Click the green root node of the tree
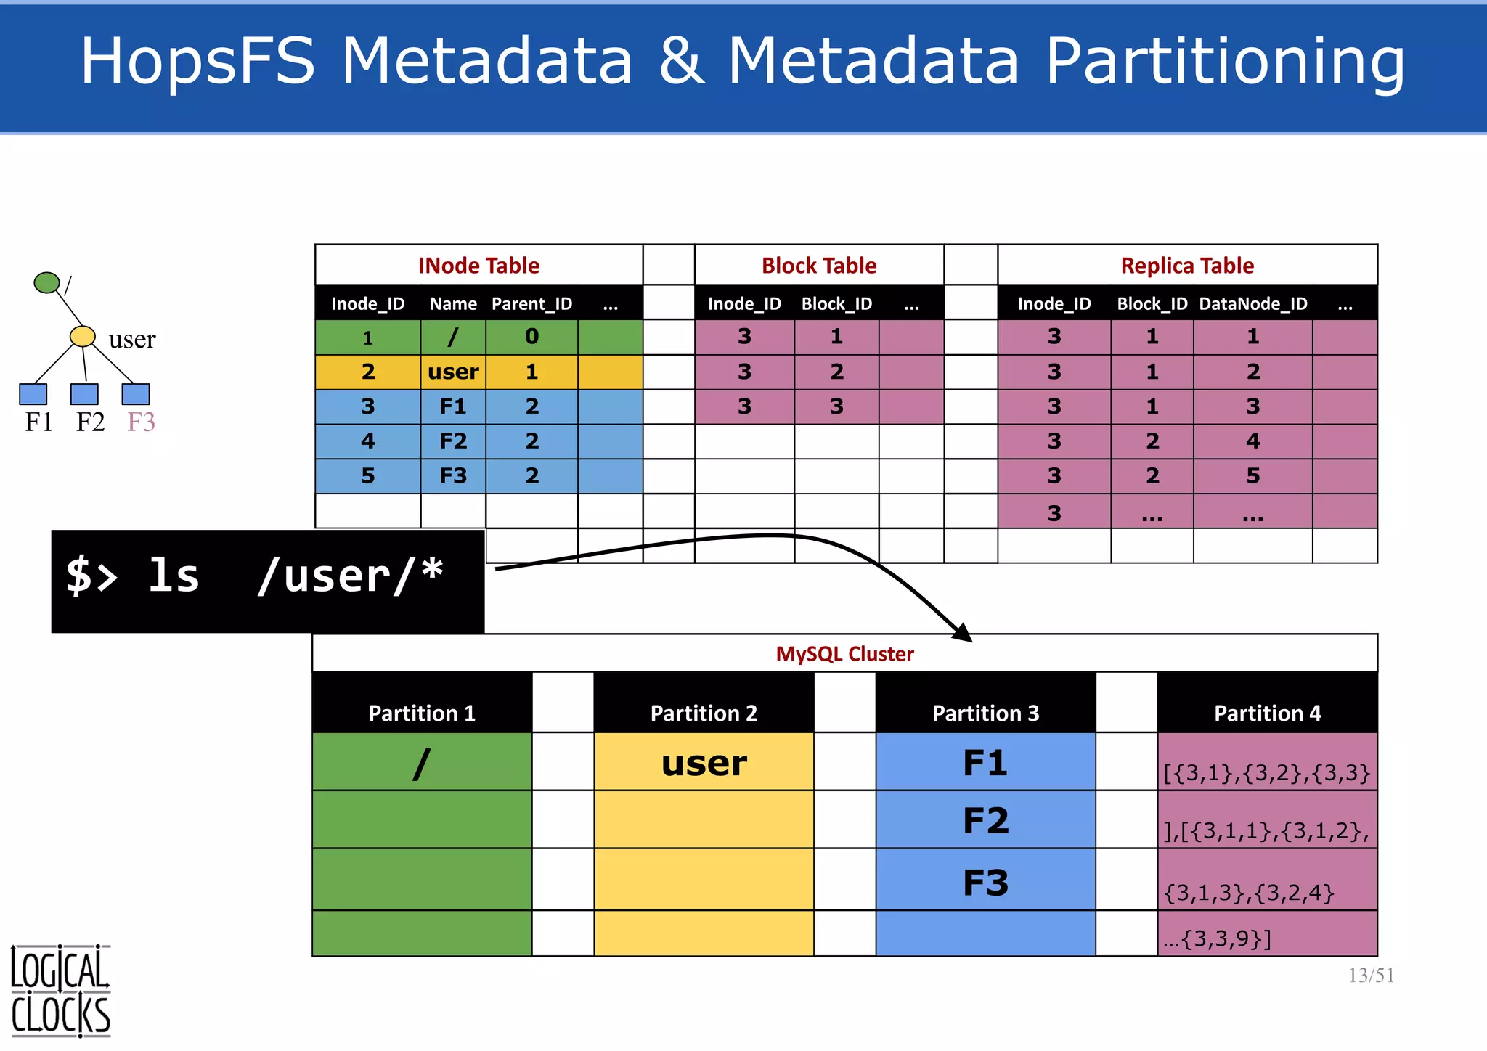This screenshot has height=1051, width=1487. (46, 282)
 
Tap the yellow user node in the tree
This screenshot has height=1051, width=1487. (83, 336)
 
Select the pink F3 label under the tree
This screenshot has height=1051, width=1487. (141, 422)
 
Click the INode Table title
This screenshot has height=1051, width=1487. (478, 266)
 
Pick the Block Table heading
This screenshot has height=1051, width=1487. (819, 266)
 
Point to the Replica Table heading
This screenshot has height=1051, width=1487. (1187, 266)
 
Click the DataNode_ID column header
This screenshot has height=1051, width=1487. (1252, 303)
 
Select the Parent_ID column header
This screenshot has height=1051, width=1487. (531, 303)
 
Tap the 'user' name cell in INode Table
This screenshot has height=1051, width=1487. (453, 372)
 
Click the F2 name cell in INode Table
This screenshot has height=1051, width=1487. (453, 441)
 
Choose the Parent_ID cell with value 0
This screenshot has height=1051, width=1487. (531, 337)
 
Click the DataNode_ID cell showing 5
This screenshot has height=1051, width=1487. (1252, 475)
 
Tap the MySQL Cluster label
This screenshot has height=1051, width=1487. (844, 654)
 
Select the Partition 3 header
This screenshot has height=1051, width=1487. (985, 713)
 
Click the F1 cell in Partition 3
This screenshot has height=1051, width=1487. (985, 762)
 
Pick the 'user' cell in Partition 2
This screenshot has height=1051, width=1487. (704, 762)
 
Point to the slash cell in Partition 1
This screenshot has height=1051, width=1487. (422, 762)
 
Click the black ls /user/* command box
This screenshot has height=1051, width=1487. (267, 581)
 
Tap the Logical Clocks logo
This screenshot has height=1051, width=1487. (60, 991)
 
